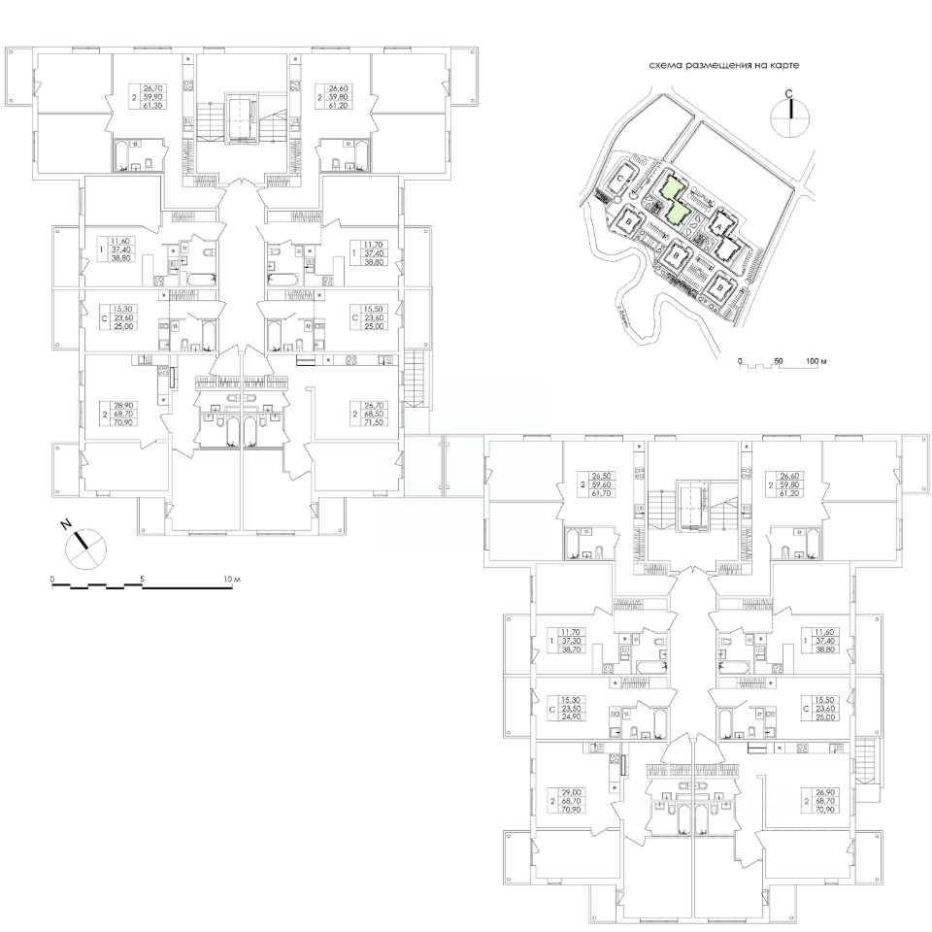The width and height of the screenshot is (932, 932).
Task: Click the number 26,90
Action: point(826,792)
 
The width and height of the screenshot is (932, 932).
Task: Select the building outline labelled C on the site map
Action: point(620,180)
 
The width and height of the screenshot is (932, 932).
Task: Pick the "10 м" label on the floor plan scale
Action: point(230,579)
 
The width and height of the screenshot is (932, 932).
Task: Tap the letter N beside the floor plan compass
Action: point(66,525)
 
